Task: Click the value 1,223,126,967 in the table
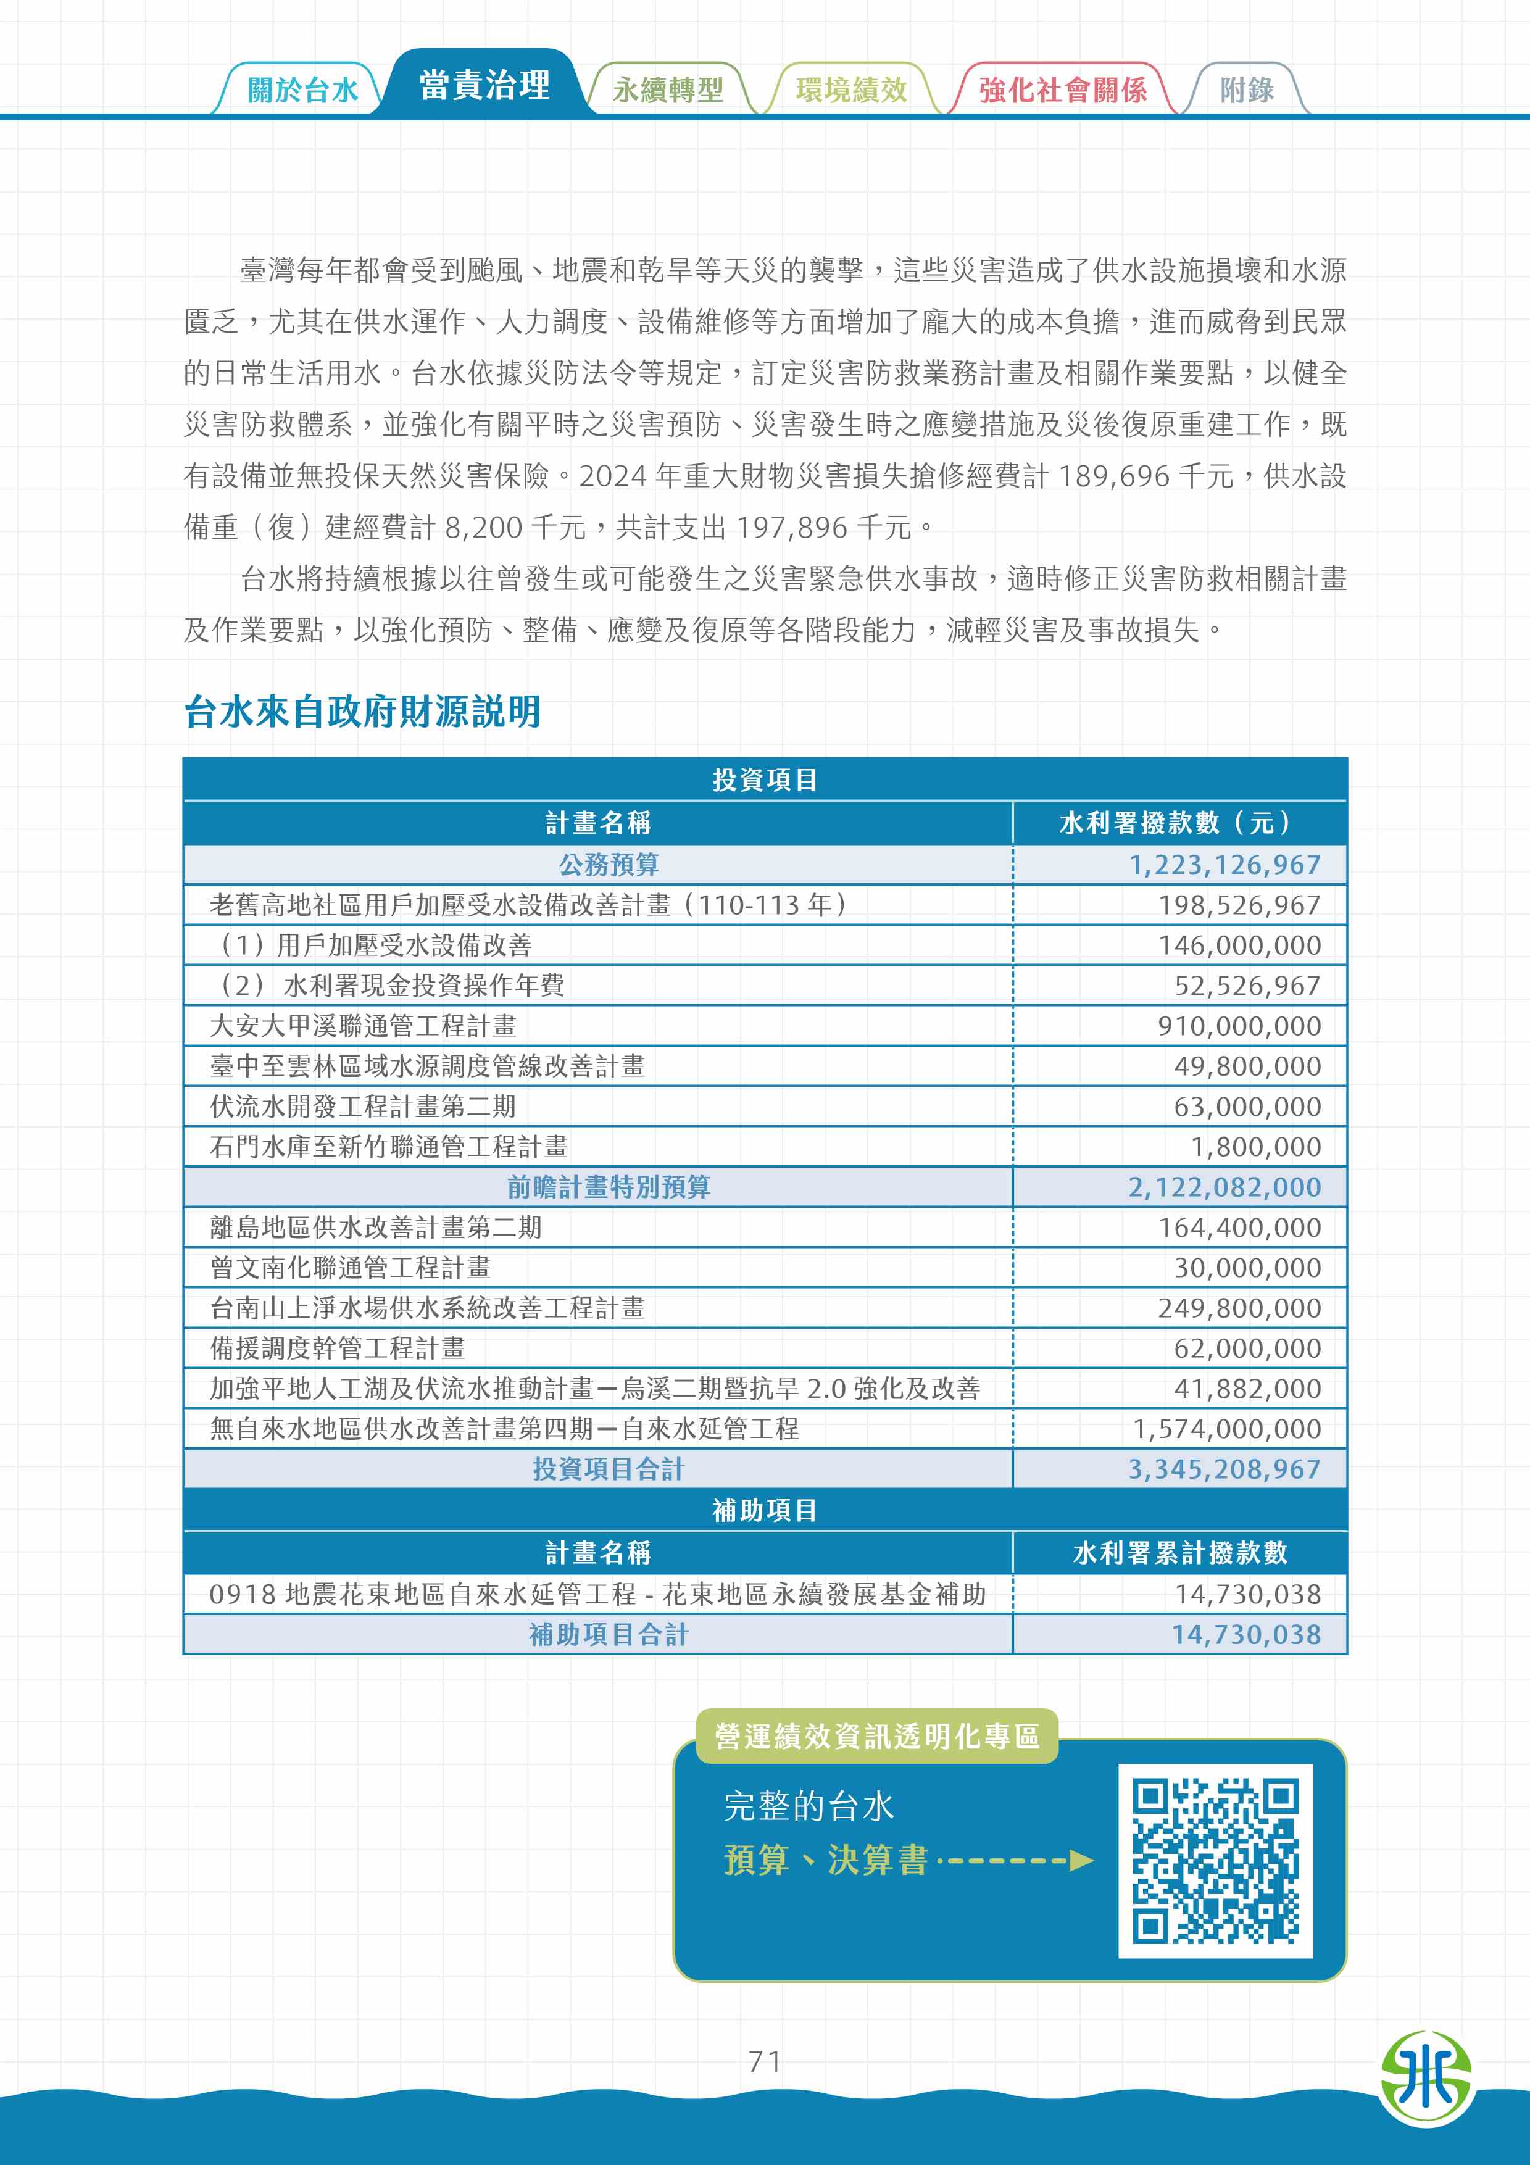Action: [1224, 865]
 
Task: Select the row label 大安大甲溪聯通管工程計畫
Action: [363, 1026]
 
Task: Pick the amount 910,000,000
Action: [1239, 1026]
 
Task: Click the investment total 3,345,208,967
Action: [1224, 1469]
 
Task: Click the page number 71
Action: [765, 2061]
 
